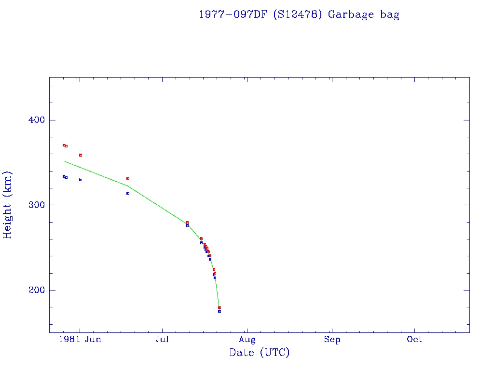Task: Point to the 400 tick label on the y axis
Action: click(x=33, y=120)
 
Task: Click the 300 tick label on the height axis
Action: click(x=33, y=205)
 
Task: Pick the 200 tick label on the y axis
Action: click(x=33, y=290)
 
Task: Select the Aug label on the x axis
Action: click(x=247, y=339)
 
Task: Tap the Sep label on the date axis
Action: click(x=332, y=339)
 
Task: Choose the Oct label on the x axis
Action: click(x=414, y=339)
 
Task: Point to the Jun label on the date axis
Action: click(x=93, y=339)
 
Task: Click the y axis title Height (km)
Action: click(x=7, y=205)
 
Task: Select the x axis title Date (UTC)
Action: click(x=260, y=353)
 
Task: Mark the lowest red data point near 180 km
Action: click(x=220, y=307)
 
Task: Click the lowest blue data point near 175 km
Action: click(x=220, y=311)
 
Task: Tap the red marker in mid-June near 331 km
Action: click(x=128, y=178)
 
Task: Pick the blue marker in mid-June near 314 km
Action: click(x=128, y=193)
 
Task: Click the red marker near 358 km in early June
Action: click(x=81, y=155)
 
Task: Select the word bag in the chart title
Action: click(x=389, y=14)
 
